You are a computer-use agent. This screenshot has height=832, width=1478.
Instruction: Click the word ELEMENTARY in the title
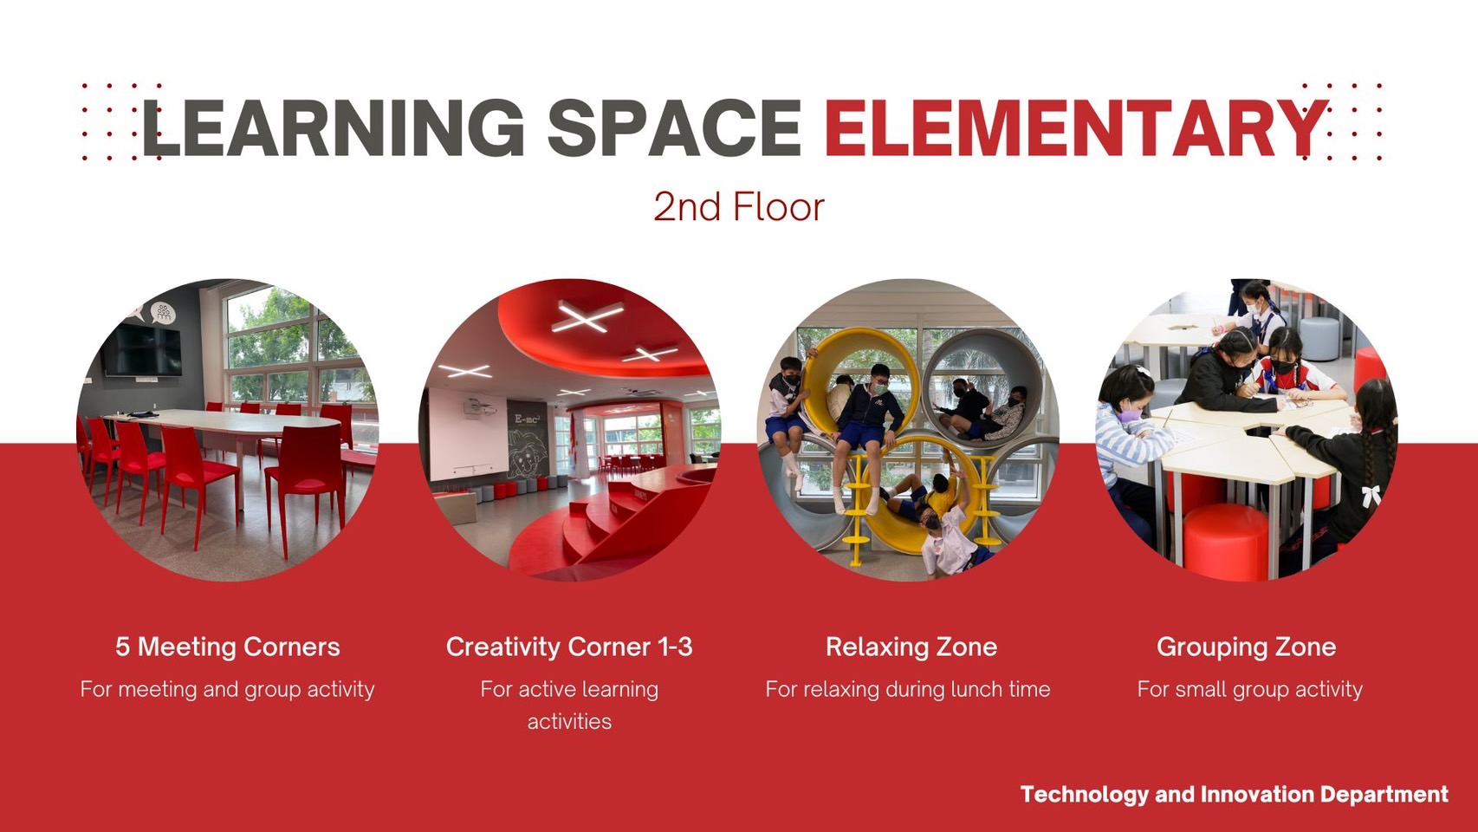coord(1074,128)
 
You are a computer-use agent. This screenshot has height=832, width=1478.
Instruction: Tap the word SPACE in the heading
coord(674,128)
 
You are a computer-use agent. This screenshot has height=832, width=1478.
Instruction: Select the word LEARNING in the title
coord(334,128)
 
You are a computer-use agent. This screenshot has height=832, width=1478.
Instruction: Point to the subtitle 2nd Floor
coord(738,207)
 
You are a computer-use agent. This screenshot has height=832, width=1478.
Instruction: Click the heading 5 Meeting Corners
coord(228,647)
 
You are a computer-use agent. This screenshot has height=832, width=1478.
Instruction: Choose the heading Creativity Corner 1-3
coord(569,647)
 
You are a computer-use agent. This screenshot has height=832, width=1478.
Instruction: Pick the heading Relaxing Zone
coord(911,647)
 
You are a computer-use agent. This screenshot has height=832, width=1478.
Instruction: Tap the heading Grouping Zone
coord(1246,647)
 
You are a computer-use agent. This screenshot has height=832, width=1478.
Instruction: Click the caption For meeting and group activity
coord(228,689)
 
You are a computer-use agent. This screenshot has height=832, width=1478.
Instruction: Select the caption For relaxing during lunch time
coord(908,689)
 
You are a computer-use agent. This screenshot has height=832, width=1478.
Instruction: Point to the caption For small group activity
coord(1249,689)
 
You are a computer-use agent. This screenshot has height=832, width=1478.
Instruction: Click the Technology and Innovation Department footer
coord(1234,794)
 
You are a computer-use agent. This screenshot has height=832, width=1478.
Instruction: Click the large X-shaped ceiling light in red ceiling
coord(588,318)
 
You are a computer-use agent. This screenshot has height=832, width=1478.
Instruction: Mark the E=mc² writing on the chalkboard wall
coord(527,419)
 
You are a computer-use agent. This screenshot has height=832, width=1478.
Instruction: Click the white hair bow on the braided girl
coord(1371,496)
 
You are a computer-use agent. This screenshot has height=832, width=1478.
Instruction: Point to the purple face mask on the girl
coord(1127,416)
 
